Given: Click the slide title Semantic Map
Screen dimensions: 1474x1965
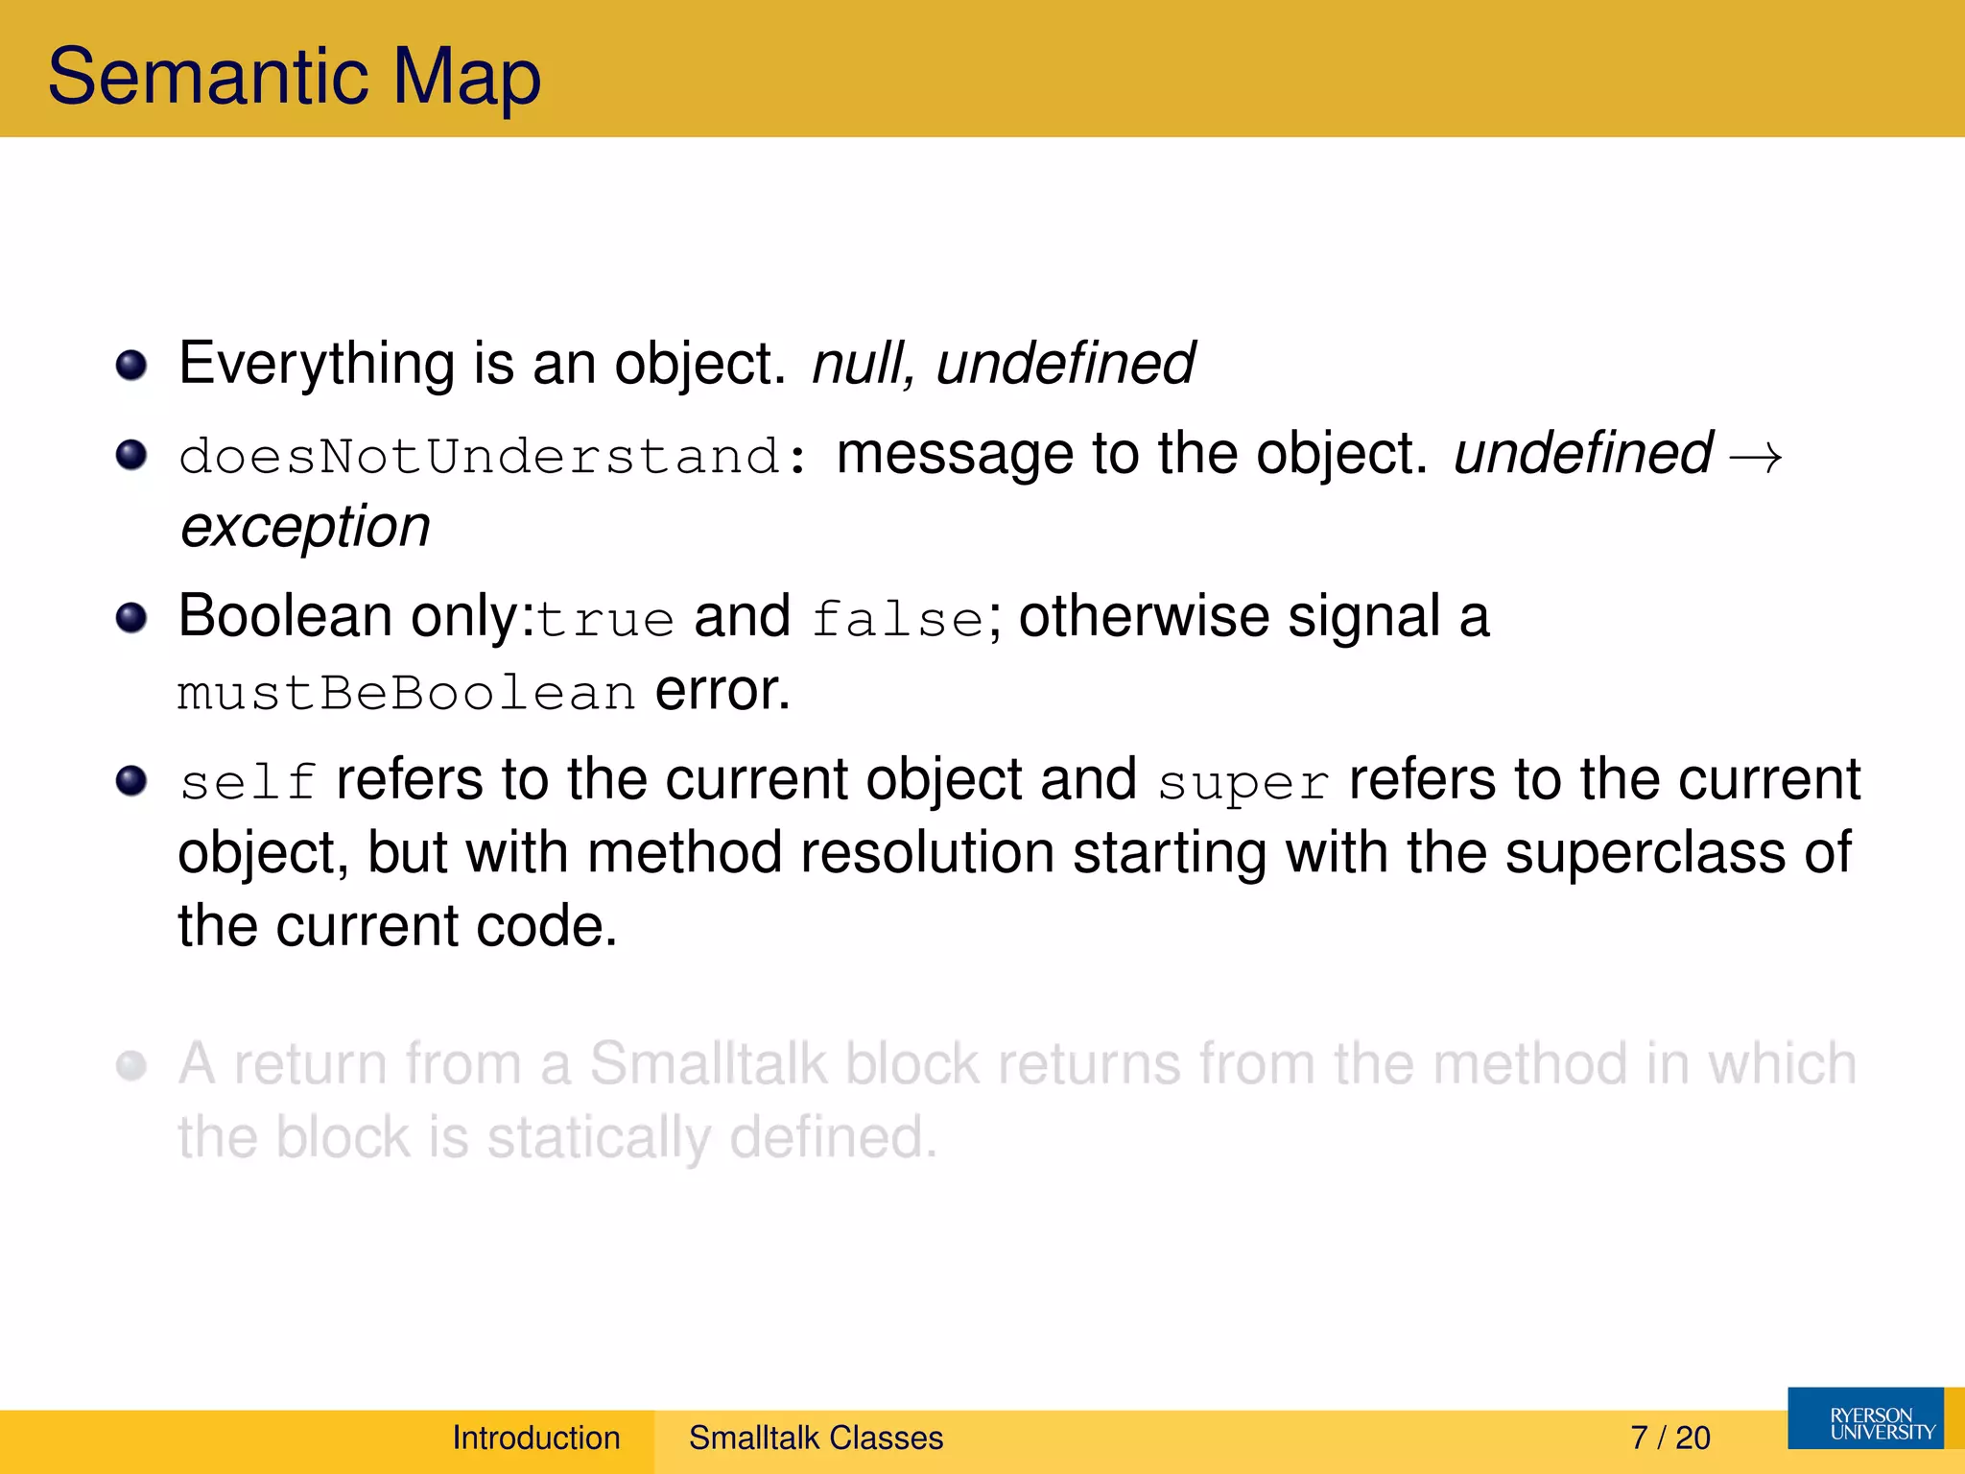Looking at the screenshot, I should (294, 77).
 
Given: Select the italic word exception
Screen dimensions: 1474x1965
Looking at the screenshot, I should (305, 527).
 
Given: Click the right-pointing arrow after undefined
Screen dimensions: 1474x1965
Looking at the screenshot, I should (1755, 458).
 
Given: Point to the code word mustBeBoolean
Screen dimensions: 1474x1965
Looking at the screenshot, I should (406, 693).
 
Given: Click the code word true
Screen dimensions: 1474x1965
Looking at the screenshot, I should (605, 619).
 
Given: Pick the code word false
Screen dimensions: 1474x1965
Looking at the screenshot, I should (898, 619).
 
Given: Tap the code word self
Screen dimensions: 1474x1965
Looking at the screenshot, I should (248, 782).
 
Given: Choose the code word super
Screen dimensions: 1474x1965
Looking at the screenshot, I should (1243, 782).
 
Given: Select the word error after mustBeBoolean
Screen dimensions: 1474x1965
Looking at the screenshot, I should (722, 691).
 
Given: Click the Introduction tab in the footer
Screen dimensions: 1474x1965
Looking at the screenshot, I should (536, 1438).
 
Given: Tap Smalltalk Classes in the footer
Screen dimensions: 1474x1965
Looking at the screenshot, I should (816, 1438).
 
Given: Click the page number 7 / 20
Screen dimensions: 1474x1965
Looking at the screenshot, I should (1670, 1438).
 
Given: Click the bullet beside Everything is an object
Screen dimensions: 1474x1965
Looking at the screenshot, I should (131, 365).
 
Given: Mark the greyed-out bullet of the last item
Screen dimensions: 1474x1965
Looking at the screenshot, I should (131, 1065).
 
